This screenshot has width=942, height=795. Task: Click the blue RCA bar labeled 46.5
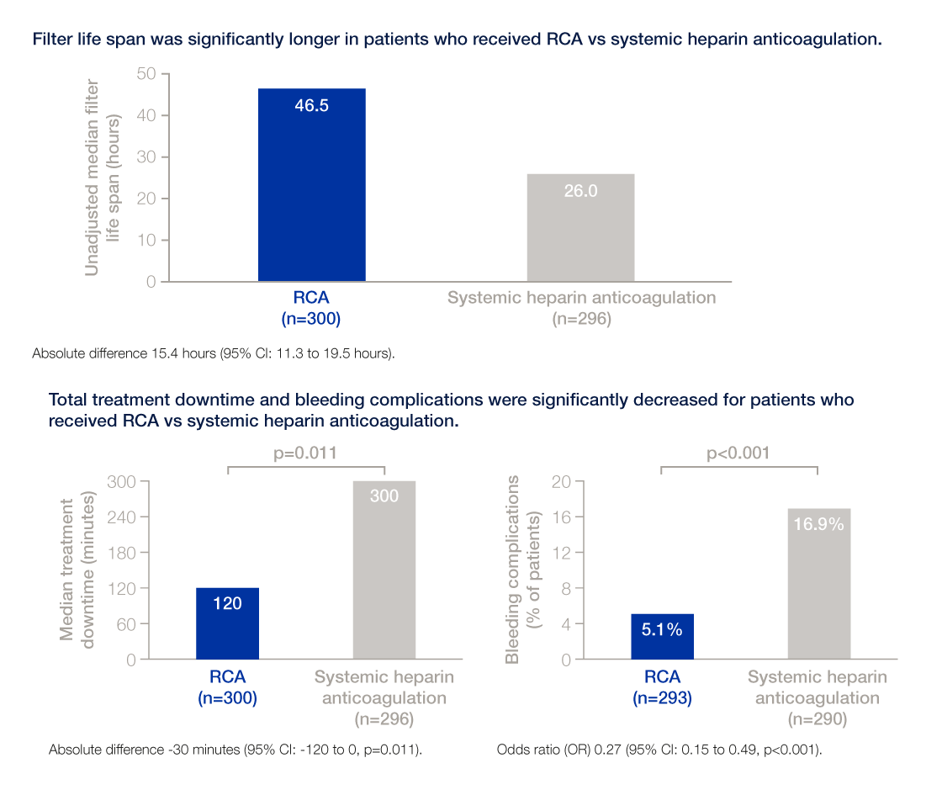coord(311,185)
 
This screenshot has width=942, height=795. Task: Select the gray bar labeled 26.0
coord(580,227)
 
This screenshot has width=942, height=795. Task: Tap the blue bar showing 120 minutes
coord(227,623)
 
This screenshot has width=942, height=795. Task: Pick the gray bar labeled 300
coord(384,570)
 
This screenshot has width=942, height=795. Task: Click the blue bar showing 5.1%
coord(662,637)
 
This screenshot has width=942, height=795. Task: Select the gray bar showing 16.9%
coord(818,584)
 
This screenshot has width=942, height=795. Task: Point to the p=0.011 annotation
coord(306,453)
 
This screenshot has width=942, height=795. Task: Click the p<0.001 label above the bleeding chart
coord(739,453)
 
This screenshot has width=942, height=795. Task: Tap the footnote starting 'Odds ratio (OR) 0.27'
coord(659,749)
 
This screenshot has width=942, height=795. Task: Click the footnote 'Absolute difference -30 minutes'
coord(235,749)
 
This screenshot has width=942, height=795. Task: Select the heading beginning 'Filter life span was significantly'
coord(457,40)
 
